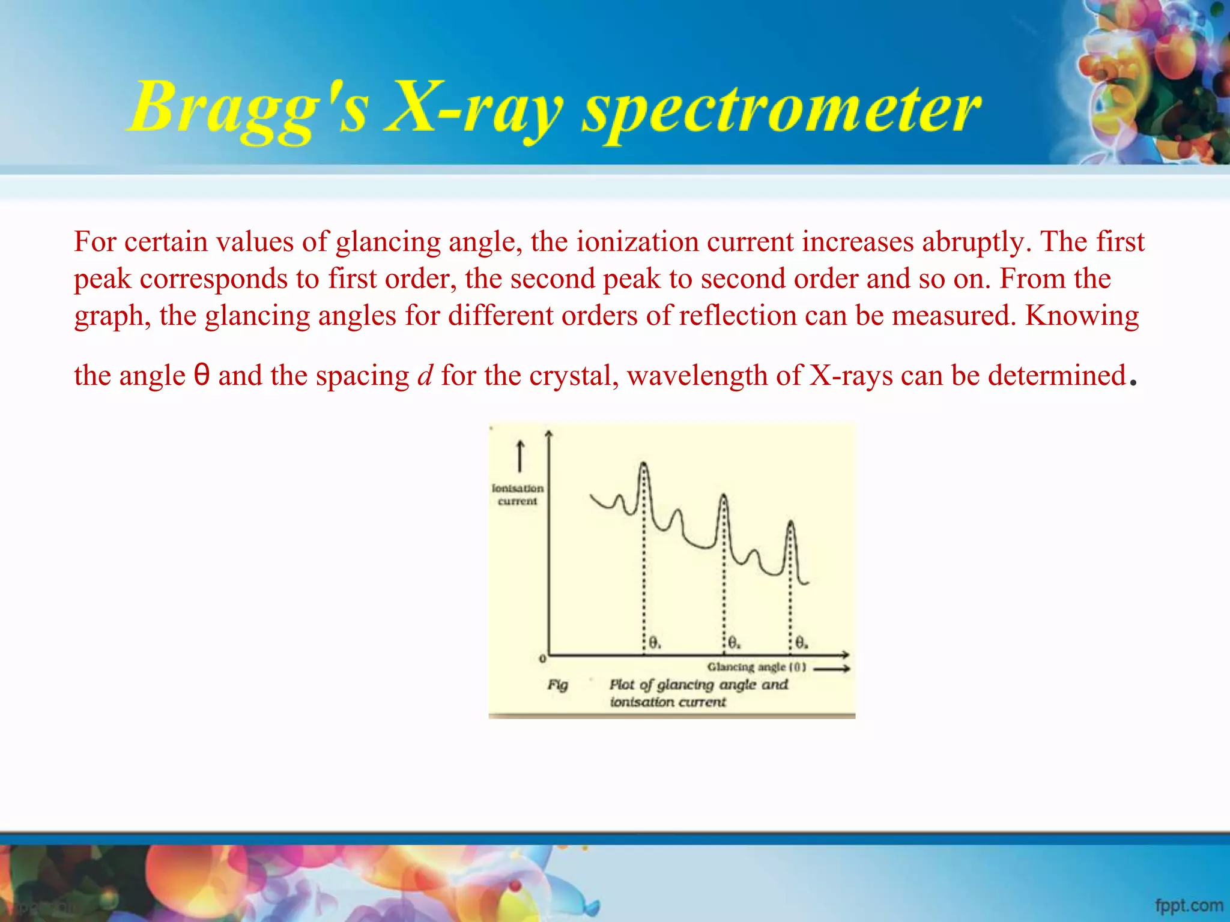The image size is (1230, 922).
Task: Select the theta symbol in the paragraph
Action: point(202,376)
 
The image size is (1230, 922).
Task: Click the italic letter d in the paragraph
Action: point(425,376)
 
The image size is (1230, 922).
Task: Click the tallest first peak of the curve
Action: point(643,465)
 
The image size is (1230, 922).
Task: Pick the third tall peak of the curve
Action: point(790,524)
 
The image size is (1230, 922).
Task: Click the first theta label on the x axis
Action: point(655,643)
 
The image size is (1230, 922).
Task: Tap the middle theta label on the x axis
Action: point(734,643)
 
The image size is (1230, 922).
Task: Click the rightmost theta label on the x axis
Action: point(801,643)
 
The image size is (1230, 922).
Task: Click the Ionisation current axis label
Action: point(517,495)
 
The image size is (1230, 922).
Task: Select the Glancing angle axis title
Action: point(756,667)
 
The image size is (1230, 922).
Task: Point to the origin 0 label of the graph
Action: point(542,658)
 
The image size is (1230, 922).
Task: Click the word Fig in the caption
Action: point(557,685)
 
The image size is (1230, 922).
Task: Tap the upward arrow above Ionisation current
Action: point(520,456)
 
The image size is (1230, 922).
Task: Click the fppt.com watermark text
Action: point(1189,905)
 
